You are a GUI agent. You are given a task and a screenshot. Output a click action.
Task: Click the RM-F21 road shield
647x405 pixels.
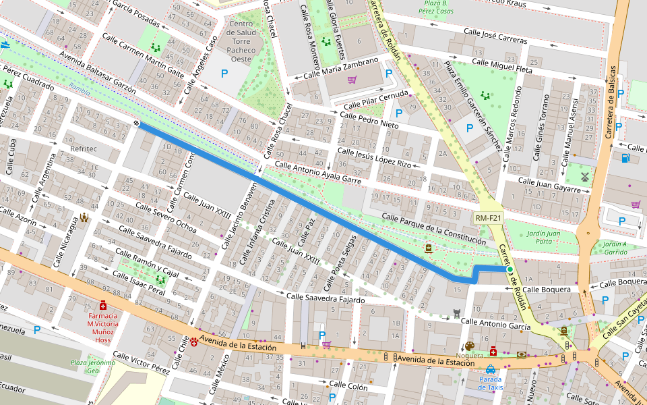tap(488, 218)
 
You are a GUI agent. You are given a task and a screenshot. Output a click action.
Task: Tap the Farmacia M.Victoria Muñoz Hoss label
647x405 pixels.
tap(102, 328)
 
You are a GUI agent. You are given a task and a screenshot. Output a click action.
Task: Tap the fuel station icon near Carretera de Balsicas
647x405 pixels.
tap(626, 159)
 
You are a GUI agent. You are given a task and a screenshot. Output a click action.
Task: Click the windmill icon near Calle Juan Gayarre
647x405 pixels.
tap(585, 176)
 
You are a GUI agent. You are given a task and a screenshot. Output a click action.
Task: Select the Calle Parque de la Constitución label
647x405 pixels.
tap(433, 229)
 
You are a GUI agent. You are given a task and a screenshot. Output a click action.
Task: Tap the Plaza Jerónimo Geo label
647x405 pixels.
tap(93, 367)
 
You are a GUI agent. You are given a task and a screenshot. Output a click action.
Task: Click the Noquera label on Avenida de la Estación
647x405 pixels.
tap(470, 355)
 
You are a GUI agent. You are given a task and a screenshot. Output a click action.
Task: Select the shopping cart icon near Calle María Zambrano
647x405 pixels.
tap(352, 80)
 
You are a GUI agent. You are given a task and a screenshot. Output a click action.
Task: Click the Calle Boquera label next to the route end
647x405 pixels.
tap(547, 289)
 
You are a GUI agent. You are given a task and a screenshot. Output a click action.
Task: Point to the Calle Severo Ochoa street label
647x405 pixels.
tap(166, 217)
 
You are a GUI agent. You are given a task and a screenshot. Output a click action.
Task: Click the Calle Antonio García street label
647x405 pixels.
tap(496, 325)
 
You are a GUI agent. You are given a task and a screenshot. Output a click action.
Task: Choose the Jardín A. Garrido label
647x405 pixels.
tap(615, 247)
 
